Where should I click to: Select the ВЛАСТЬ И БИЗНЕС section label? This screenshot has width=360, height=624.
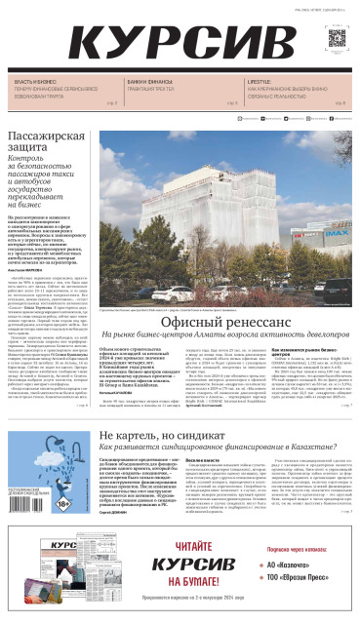pyautogui.click(x=33, y=81)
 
